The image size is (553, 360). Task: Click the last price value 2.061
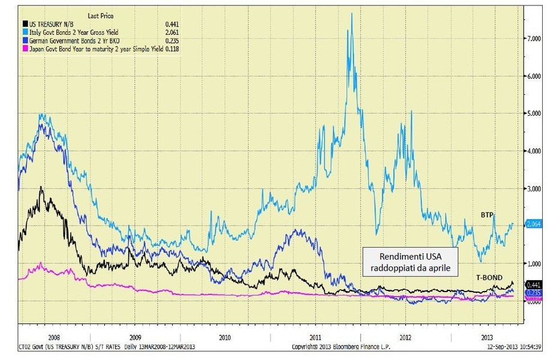172,32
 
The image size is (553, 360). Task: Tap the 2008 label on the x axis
53,337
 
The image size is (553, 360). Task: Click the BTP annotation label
486,214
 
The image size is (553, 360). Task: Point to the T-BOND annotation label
489,278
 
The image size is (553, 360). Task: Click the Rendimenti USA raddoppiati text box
410,262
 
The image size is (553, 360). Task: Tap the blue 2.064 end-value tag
534,224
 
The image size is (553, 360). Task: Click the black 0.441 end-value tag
534,284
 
